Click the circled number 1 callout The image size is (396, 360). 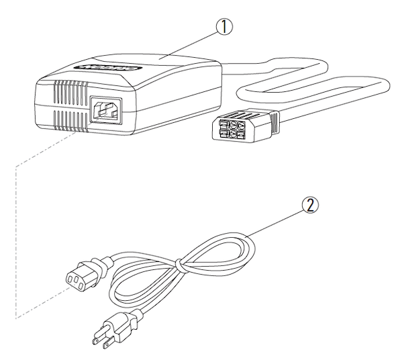(224, 27)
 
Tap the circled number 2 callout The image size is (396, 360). (310, 205)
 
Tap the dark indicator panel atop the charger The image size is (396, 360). (107, 69)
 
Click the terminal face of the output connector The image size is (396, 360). (229, 129)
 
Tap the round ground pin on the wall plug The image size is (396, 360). (97, 341)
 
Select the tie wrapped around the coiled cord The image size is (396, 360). (179, 265)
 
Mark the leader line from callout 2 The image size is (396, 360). (275, 224)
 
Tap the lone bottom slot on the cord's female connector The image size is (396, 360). (81, 286)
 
